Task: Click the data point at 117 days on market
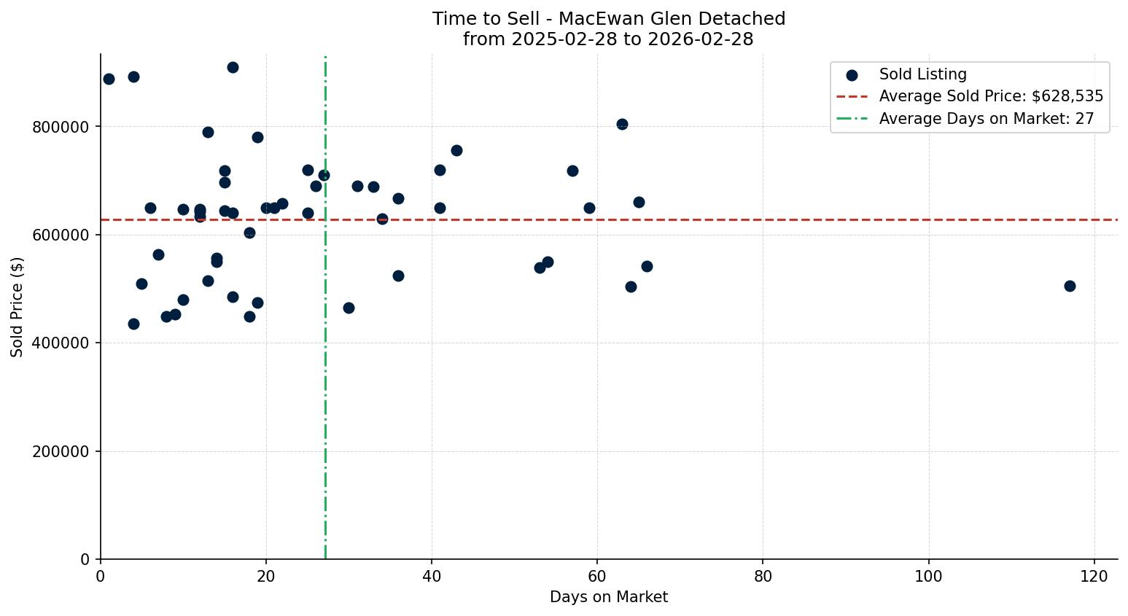1070,286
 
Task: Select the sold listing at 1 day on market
109,79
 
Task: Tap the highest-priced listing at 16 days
233,67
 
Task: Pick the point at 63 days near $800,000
622,124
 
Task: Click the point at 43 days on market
456,150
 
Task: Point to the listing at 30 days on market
349,308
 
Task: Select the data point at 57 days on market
572,171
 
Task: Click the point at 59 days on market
589,208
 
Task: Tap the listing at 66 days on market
647,266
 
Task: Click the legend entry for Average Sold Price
991,96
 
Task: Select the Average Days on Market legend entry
986,119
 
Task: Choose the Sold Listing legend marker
852,74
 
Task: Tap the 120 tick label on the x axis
1094,576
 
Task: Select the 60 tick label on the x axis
597,576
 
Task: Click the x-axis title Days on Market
609,597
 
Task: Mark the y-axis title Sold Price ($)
17,307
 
